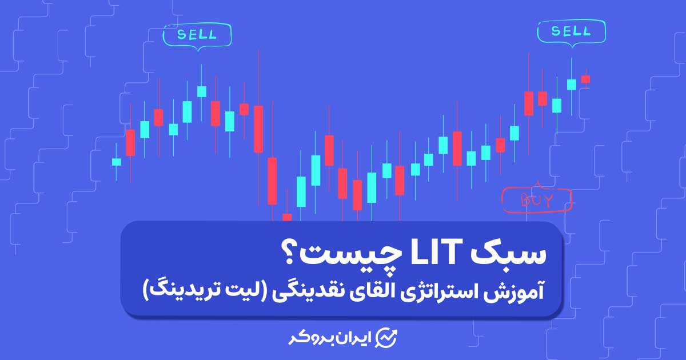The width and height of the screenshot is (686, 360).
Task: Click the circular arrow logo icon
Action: point(387,338)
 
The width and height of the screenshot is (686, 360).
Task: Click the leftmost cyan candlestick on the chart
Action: point(117,162)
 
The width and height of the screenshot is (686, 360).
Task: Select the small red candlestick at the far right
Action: point(585,79)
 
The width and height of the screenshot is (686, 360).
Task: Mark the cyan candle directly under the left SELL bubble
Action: point(201,91)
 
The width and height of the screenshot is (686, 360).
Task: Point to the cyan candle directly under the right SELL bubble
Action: point(572,85)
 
